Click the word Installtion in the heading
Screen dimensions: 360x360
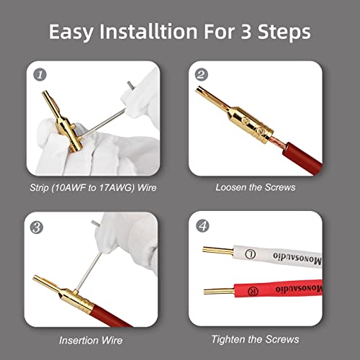[148, 32]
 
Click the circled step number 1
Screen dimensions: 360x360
[40, 75]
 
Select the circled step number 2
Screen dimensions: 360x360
[202, 74]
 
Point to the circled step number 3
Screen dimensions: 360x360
[37, 227]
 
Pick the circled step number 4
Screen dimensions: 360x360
[203, 225]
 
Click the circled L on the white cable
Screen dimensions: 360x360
[251, 254]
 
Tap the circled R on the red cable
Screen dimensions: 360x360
[253, 291]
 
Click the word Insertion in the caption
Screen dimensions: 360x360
[78, 341]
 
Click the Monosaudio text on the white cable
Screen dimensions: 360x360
[297, 258]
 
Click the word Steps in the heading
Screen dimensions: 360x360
[284, 32]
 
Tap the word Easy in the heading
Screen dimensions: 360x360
[71, 32]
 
